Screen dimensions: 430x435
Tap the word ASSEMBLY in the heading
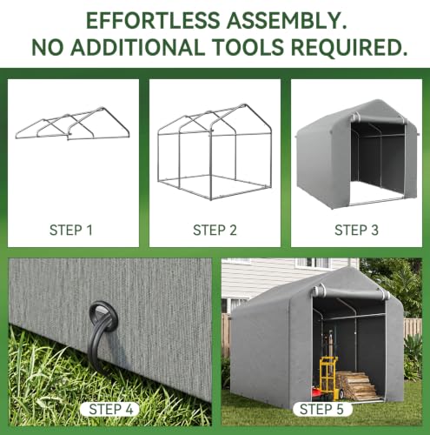click(287, 21)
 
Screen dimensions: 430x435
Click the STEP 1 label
click(71, 231)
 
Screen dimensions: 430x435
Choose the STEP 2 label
click(215, 231)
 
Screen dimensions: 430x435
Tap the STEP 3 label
click(356, 231)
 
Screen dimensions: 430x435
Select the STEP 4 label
click(111, 409)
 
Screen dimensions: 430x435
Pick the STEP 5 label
click(321, 409)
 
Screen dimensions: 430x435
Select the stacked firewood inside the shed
click(358, 385)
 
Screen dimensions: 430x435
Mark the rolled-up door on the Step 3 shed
click(378, 119)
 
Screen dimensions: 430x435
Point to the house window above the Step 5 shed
click(314, 263)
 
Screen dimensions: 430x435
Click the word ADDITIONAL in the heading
click(137, 47)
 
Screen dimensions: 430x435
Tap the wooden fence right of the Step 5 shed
click(413, 328)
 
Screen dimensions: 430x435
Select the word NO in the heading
click(47, 47)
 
